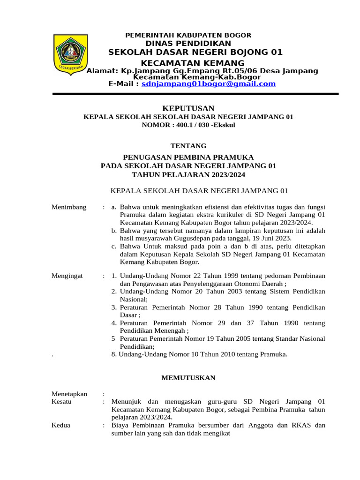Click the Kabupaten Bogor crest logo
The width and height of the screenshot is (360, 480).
pos(72,53)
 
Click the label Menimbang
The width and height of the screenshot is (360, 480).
pos(69,207)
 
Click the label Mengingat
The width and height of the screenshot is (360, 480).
pos(67,276)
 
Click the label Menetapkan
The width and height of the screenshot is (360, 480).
pos(69,394)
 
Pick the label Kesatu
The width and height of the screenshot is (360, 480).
pos(61,402)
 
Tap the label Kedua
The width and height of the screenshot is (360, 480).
pos(61,425)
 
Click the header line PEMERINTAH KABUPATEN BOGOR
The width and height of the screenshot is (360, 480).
pos(189,35)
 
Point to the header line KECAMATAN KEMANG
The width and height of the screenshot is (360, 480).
pos(193,63)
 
